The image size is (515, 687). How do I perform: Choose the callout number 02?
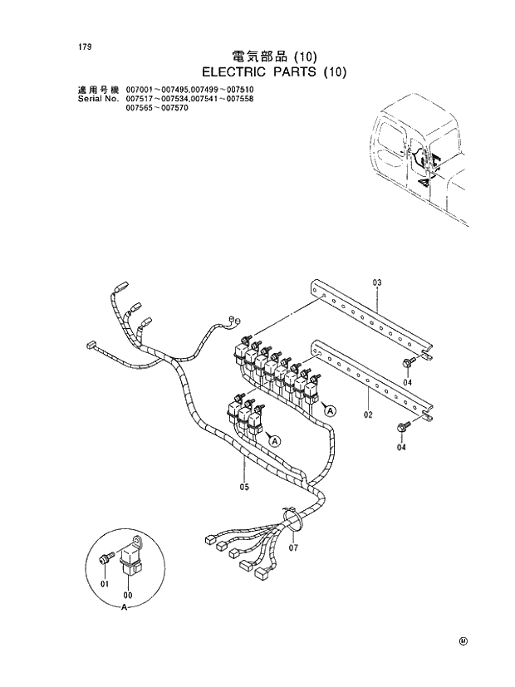click(x=368, y=413)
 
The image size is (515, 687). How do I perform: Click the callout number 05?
click(x=244, y=488)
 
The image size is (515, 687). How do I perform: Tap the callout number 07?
click(x=293, y=547)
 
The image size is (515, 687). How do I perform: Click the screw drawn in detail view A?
click(x=105, y=561)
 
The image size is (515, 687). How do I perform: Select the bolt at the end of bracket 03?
click(x=410, y=362)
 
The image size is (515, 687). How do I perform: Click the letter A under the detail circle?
click(x=125, y=608)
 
